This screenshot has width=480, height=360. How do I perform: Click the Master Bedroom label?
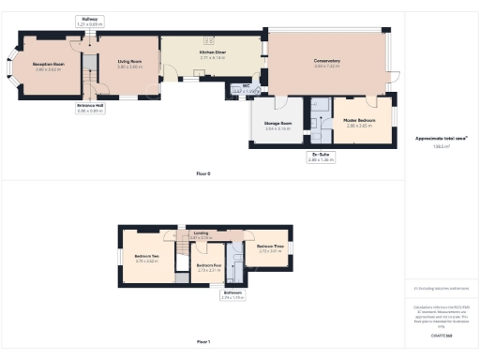[x=361, y=121]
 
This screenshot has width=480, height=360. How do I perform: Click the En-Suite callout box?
[x=321, y=157]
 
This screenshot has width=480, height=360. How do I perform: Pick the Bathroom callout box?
[x=232, y=295]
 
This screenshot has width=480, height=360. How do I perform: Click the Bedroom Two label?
[x=147, y=258]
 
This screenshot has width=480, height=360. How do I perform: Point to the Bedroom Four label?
[x=209, y=267]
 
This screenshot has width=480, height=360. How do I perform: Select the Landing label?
[x=201, y=234]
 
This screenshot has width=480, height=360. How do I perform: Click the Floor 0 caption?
[x=203, y=173]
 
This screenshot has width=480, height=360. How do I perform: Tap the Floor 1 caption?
[x=203, y=341]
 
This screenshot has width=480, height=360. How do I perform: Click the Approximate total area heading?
[x=442, y=138]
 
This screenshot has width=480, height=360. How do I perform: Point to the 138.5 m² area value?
[x=441, y=147]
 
